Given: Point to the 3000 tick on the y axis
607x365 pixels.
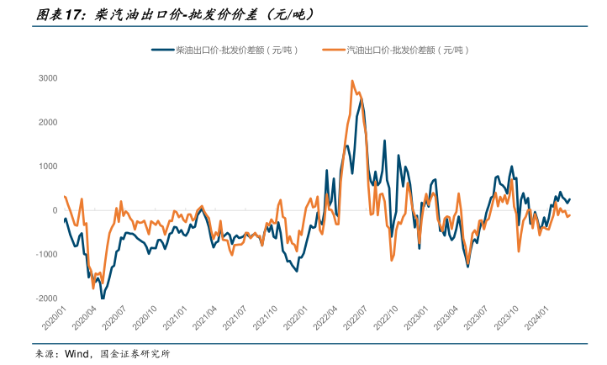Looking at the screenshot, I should click(x=47, y=78).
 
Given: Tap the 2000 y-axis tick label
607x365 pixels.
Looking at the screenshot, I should click(x=47, y=122).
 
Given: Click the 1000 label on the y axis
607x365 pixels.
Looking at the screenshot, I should click(x=47, y=166).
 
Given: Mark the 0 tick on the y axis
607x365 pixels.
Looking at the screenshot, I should click(x=54, y=210).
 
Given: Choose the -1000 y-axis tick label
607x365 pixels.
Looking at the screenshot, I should click(x=45, y=254).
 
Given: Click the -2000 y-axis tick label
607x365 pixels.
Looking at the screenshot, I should click(x=45, y=298).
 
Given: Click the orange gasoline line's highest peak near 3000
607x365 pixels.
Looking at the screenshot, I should click(x=351, y=81).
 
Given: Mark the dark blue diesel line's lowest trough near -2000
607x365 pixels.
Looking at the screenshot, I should click(x=103, y=298).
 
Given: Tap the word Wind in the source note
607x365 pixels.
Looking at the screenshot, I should click(x=77, y=354).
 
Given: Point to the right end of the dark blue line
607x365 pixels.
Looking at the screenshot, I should click(x=569, y=199).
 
